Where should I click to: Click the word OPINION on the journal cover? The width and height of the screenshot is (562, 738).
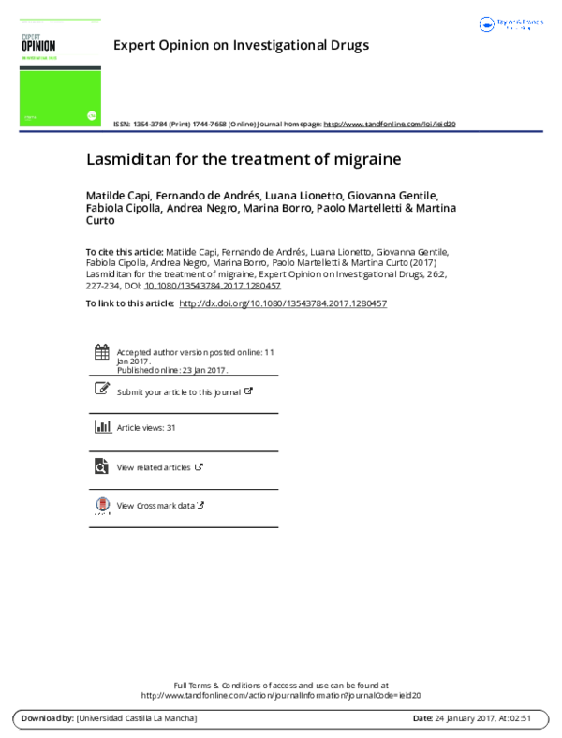(x=37, y=45)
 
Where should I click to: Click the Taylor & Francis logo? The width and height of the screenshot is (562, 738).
(x=510, y=24)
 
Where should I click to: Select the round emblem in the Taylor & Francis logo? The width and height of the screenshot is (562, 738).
(x=486, y=24)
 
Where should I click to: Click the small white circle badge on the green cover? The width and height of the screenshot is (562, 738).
(x=92, y=116)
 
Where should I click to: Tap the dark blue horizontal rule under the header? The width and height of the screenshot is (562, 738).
(x=281, y=132)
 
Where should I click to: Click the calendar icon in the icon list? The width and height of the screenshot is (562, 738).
(x=102, y=352)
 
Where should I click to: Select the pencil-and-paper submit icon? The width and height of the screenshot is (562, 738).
(x=102, y=388)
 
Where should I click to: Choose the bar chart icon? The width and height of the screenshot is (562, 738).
(x=103, y=426)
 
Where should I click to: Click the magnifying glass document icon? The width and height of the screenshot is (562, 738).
(x=101, y=466)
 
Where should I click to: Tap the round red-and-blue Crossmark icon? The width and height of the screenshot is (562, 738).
(x=103, y=504)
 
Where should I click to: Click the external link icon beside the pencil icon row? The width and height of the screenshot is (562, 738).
(x=248, y=391)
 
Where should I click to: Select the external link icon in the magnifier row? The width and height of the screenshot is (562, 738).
(x=199, y=466)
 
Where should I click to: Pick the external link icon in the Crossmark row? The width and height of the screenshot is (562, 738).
(x=200, y=505)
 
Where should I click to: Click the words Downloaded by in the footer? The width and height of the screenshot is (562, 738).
(x=46, y=718)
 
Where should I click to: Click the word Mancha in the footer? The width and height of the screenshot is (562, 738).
(x=178, y=718)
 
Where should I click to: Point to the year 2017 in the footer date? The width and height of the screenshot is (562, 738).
(x=484, y=718)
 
